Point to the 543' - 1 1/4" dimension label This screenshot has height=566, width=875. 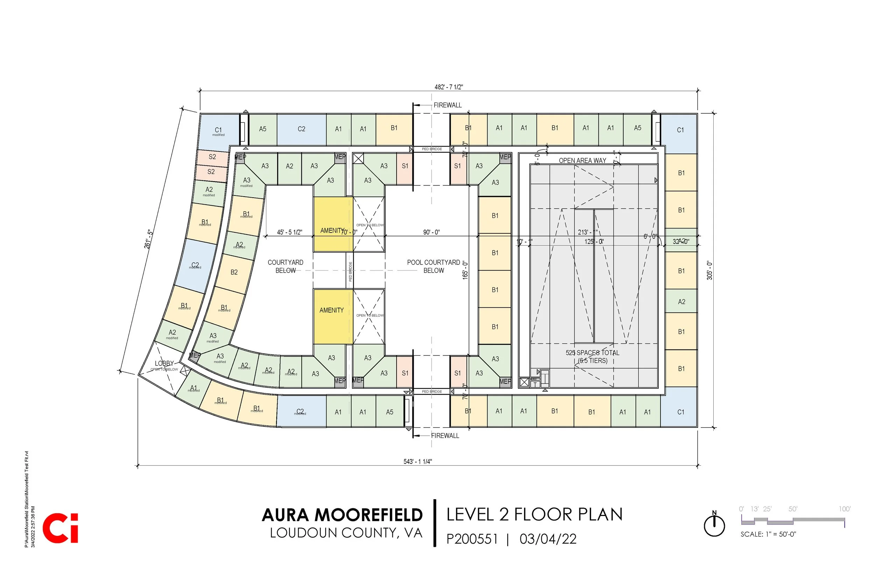tap(417, 462)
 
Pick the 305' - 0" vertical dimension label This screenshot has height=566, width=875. tap(709, 270)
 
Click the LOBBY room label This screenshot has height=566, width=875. tap(164, 363)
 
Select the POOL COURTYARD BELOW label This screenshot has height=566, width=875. tap(433, 267)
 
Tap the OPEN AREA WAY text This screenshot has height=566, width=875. tap(582, 161)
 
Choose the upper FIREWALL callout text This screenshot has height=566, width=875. tap(447, 105)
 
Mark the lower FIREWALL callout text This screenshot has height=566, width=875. tap(445, 436)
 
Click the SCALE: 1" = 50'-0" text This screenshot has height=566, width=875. tap(768, 535)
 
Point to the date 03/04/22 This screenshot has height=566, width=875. tap(548, 539)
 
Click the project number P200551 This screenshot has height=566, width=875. tap(472, 539)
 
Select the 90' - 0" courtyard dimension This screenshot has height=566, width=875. tap(431, 232)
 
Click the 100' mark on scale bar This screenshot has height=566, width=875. tap(845, 509)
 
